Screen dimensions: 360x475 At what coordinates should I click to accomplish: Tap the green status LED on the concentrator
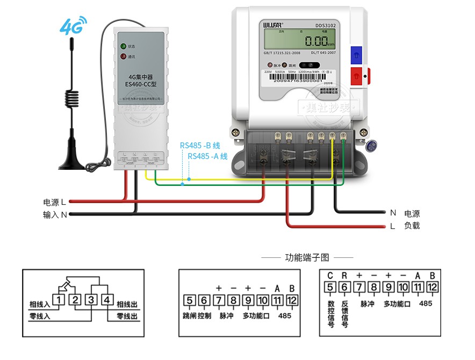pyautogui.click(x=123, y=46)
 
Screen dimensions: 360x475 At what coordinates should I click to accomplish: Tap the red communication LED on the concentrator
pyautogui.click(x=123, y=57)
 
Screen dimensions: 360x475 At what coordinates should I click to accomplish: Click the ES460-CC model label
pyautogui.click(x=141, y=84)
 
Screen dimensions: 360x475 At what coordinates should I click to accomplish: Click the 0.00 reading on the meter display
pyautogui.click(x=316, y=41)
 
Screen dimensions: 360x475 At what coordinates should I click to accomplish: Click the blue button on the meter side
pyautogui.click(x=356, y=53)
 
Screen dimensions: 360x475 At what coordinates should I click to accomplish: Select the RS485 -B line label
pyautogui.click(x=200, y=145)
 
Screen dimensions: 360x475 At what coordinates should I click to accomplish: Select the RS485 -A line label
pyautogui.click(x=208, y=156)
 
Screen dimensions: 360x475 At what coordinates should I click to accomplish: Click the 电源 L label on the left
pyautogui.click(x=54, y=203)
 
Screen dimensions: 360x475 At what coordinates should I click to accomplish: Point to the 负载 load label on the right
pyautogui.click(x=412, y=226)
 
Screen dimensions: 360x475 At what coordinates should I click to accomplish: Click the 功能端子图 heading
pyautogui.click(x=307, y=258)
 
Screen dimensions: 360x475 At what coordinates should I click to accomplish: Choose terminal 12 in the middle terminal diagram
pyautogui.click(x=291, y=300)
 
